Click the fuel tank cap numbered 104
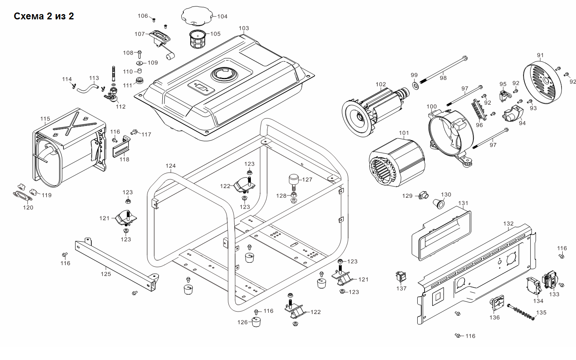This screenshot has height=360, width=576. coord(196,16)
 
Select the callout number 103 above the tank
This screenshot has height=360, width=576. coord(244,28)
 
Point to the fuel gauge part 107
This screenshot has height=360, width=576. coord(160,38)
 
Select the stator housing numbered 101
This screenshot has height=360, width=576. coord(396,161)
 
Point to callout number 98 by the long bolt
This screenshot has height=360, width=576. coord(443,78)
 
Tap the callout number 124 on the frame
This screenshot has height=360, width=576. coord(171,166)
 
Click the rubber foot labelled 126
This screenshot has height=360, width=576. coord(256,322)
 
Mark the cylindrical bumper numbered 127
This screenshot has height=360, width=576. coord(293,179)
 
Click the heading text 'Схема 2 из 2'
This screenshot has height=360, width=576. coord(44,16)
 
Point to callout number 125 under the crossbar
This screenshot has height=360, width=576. coord(106,274)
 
